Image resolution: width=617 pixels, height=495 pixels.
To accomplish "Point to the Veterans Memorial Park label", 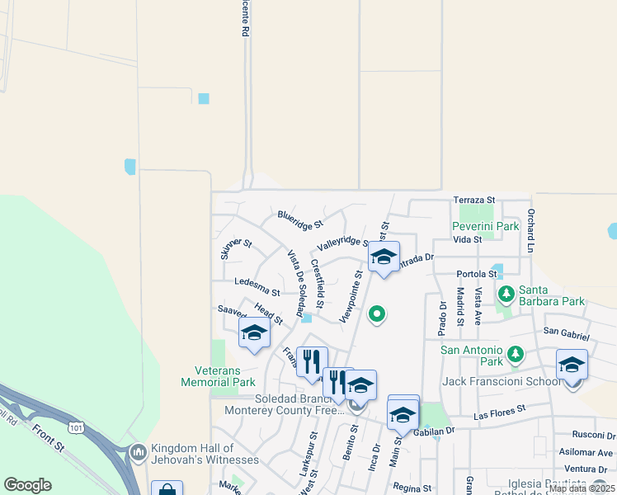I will point(219,375).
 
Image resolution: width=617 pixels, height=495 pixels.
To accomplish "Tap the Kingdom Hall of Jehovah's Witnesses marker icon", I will point(138,452).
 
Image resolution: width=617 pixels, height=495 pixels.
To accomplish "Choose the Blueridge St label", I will point(300,218).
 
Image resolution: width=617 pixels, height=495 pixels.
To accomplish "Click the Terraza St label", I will point(473,200).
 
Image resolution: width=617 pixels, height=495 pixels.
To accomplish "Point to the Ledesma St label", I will point(257,283).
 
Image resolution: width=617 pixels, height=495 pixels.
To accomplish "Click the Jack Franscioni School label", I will point(502,381).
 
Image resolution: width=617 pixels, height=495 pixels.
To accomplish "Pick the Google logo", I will point(27,485).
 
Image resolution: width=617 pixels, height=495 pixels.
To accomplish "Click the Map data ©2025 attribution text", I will point(581,488).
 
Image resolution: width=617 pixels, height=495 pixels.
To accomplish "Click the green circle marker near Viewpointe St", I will point(377,313).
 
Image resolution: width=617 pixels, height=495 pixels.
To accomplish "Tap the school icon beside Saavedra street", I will point(254,332).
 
